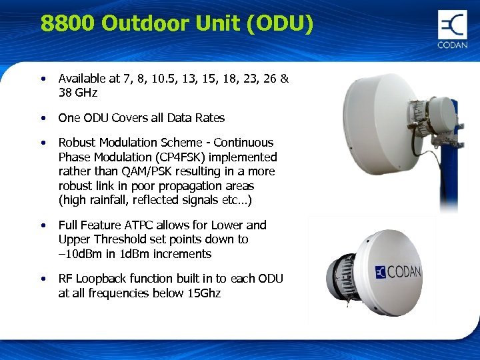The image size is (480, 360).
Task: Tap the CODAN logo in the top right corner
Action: click(x=453, y=29)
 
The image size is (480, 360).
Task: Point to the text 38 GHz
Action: click(x=78, y=93)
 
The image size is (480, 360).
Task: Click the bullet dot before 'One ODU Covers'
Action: click(x=43, y=118)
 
